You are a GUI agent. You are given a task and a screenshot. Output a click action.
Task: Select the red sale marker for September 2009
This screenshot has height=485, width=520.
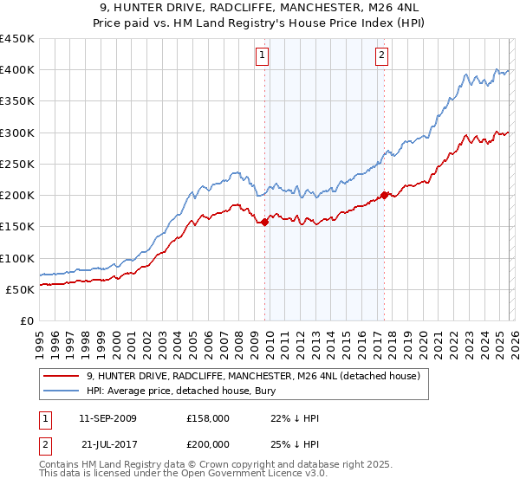click(x=264, y=222)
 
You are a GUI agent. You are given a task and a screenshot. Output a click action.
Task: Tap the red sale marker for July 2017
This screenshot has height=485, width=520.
click(x=384, y=195)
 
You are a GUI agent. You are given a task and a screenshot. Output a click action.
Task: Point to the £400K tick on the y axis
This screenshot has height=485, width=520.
click(x=17, y=70)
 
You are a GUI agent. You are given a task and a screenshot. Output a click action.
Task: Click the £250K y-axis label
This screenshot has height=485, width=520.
click(x=17, y=164)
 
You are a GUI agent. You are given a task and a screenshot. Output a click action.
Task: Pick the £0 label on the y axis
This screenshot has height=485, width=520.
click(x=28, y=320)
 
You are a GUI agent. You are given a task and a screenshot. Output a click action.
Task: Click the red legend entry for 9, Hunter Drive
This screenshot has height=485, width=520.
click(x=253, y=376)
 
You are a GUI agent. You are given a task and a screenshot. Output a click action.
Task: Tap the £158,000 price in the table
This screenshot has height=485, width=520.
click(x=207, y=418)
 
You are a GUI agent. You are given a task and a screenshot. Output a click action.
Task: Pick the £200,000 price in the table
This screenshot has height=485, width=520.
click(x=207, y=443)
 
